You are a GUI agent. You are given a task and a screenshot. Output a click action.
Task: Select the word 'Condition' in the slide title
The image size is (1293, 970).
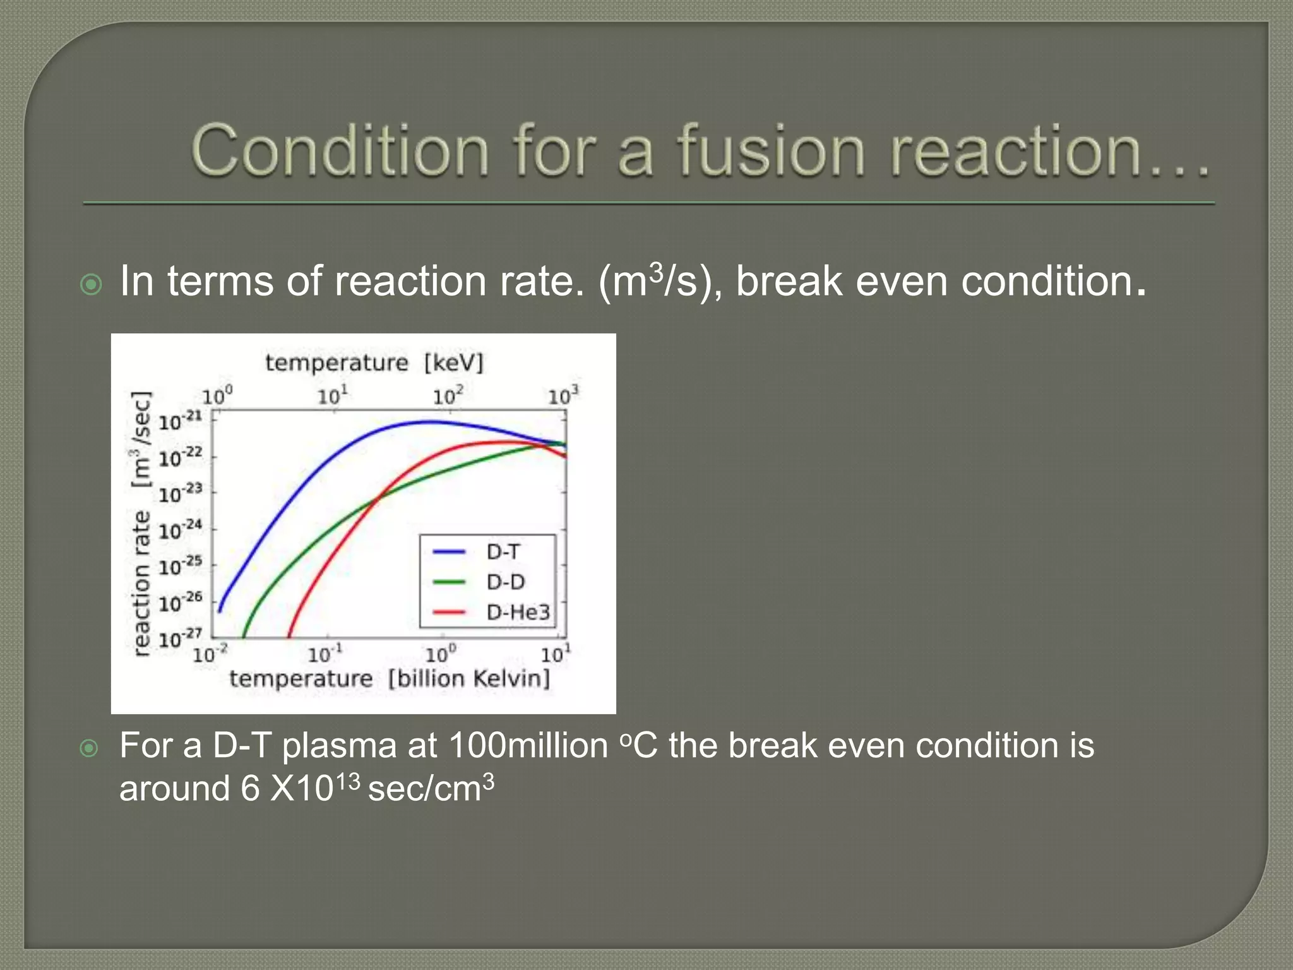340,151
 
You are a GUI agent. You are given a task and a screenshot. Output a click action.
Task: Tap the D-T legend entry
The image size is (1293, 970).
503,552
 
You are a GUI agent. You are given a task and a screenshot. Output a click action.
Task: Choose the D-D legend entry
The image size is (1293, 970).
505,582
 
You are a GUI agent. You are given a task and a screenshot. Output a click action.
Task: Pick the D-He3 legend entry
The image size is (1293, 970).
518,611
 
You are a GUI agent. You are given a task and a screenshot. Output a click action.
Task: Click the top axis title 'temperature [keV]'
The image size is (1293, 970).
374,363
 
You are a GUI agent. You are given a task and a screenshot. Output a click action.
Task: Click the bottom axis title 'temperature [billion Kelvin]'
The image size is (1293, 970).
390,679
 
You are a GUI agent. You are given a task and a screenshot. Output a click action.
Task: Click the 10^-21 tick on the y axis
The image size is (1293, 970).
179,421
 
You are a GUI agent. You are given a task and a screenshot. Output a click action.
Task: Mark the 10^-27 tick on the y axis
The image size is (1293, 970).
179,638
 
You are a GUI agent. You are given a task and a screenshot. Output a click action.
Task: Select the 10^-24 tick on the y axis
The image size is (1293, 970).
179,530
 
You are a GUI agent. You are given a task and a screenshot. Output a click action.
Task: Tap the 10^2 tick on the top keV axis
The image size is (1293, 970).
448,396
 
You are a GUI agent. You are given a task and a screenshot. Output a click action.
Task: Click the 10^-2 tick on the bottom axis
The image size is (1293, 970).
210,654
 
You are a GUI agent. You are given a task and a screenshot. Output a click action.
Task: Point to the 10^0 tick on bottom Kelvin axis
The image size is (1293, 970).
440,654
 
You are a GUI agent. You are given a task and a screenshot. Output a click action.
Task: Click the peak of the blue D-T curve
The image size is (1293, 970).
429,422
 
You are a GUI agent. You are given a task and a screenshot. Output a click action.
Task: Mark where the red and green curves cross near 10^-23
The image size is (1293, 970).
377,499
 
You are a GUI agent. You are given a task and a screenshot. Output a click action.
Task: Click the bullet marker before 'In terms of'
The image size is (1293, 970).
92,285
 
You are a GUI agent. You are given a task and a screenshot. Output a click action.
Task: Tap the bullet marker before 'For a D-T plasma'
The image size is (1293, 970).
90,748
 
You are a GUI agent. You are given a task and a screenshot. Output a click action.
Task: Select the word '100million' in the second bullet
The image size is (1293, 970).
528,746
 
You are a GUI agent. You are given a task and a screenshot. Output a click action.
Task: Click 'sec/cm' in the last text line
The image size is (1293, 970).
424,789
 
